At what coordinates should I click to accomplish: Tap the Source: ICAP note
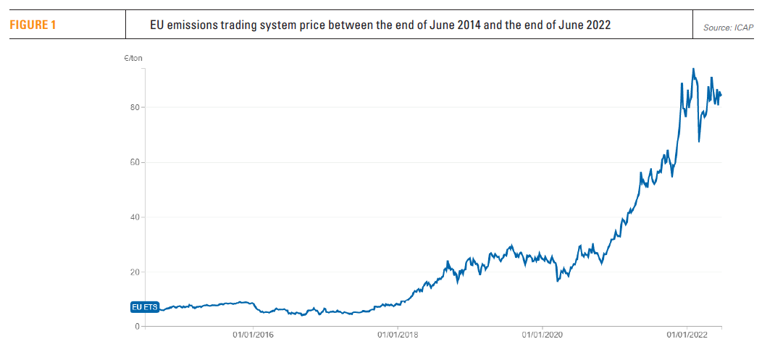pos(729,28)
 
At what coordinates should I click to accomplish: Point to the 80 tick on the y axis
pos(134,107)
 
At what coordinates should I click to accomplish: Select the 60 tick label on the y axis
pos(134,162)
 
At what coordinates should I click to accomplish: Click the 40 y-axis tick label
pos(134,217)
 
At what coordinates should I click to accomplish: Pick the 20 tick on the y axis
pos(134,272)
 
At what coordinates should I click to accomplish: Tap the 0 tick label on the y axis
pos(136,327)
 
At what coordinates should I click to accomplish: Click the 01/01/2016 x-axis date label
pos(253,335)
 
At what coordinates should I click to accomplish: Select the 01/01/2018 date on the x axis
pos(398,335)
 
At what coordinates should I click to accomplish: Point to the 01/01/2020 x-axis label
pos(542,335)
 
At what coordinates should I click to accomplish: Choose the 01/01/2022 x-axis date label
pos(687,335)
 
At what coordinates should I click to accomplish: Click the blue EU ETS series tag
pos(144,307)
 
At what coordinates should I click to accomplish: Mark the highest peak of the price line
pos(693,69)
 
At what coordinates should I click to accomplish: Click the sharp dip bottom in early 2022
pos(699,141)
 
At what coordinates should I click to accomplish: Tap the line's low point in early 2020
pos(557,281)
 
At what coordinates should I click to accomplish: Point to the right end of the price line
pos(721,95)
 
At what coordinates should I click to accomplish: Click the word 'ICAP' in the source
pos(742,28)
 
